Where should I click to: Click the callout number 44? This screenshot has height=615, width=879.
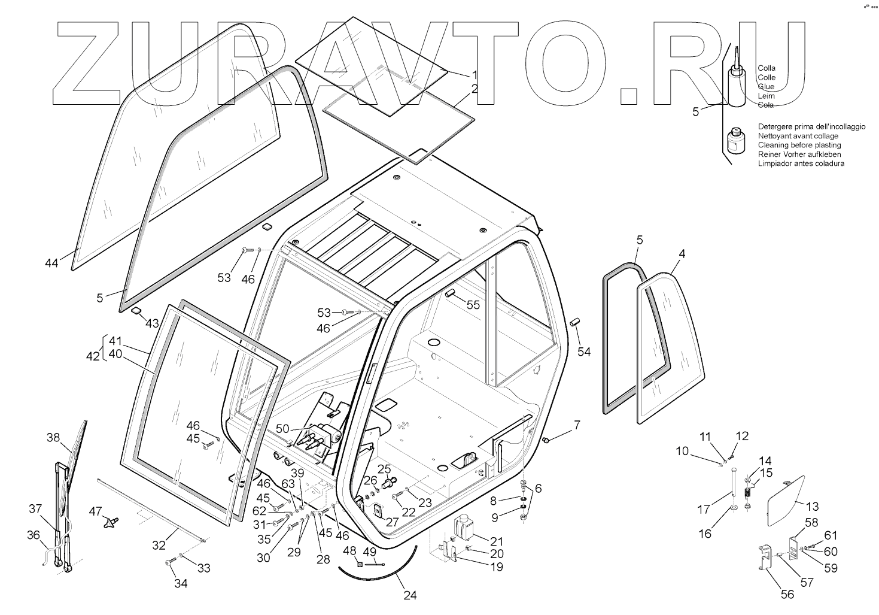pos(51,262)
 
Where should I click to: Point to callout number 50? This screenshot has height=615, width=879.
pos(282,429)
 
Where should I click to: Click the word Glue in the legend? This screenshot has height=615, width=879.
pos(766,87)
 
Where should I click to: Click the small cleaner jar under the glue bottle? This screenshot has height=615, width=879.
pos(735,142)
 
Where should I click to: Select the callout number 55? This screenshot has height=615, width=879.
pos(473,305)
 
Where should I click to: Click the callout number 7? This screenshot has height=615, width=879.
pos(577,425)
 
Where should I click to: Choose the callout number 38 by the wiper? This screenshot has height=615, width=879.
pos(53,438)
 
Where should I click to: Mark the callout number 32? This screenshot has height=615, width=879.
pos(159,545)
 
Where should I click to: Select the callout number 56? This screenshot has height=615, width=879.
pos(787,594)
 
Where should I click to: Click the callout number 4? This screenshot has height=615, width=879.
pos(681,254)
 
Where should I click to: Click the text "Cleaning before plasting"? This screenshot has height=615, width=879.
pos(799,145)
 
